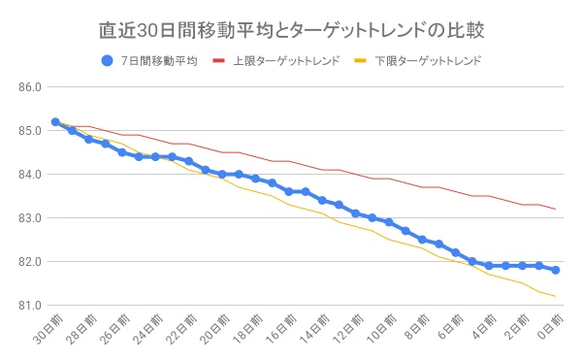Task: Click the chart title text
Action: pos(291,30)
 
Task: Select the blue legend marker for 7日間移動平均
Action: pos(107,60)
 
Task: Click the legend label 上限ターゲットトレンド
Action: pos(286,61)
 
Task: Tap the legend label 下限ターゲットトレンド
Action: pos(428,61)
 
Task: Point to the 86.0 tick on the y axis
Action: pos(30,87)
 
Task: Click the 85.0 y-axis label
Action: pos(30,131)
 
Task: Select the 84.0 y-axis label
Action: pos(30,175)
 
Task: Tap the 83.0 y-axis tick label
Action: pos(30,218)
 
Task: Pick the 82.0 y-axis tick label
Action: pos(30,262)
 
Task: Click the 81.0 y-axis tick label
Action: pos(30,306)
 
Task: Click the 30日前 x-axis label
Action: pos(48,329)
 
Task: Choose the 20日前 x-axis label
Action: pos(215,329)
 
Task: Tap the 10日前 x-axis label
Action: pos(381,329)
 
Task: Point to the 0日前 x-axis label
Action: pos(551,327)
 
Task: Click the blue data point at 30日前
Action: pos(55,121)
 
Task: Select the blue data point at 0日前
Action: pos(556,270)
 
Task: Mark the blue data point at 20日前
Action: pos(222,174)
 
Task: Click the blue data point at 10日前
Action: pos(389,222)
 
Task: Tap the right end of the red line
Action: pos(556,209)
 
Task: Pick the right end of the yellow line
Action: pos(556,296)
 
